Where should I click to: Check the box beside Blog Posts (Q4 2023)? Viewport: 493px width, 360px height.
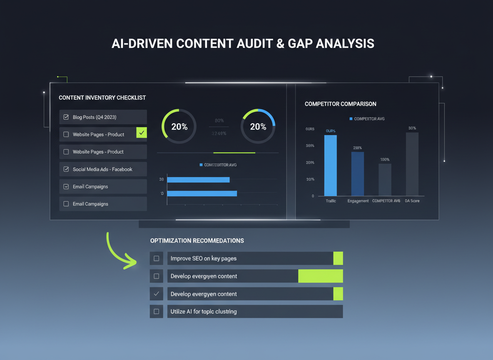pyautogui.click(x=66, y=117)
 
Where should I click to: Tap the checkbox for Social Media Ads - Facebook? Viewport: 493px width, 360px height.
pyautogui.click(x=66, y=169)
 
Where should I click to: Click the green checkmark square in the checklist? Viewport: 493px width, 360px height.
pyautogui.click(x=142, y=133)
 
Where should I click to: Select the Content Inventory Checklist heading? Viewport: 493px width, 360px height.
pyautogui.click(x=102, y=97)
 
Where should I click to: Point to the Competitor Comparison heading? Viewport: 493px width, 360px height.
pyautogui.click(x=340, y=104)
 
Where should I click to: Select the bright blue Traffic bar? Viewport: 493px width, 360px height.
pyautogui.click(x=330, y=165)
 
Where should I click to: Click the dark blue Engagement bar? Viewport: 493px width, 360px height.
pyautogui.click(x=357, y=174)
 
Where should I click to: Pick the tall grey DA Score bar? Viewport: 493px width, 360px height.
pyautogui.click(x=412, y=164)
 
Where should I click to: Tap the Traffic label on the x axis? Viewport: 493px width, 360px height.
pyautogui.click(x=331, y=201)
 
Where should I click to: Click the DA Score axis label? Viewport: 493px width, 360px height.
pyautogui.click(x=412, y=201)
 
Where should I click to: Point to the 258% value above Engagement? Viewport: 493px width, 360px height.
pyautogui.click(x=357, y=148)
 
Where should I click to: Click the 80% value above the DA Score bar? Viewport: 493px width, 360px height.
pyautogui.click(x=412, y=128)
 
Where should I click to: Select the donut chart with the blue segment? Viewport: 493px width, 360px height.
pyautogui.click(x=258, y=126)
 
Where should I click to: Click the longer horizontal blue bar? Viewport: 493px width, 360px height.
pyautogui.click(x=202, y=193)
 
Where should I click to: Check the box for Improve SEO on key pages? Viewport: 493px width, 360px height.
pyautogui.click(x=157, y=258)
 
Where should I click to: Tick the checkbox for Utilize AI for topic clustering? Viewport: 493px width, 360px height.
pyautogui.click(x=157, y=311)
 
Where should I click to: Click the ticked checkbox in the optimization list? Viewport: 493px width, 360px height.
pyautogui.click(x=157, y=294)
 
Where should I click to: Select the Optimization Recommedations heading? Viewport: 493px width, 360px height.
pyautogui.click(x=197, y=241)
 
